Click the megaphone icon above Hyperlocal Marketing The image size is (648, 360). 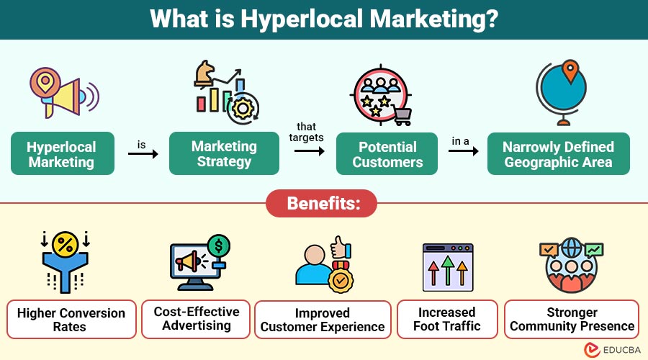(x=65, y=93)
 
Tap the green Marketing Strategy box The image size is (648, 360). (x=224, y=153)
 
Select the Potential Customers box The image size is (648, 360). (x=387, y=154)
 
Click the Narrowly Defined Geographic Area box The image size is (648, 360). (x=558, y=154)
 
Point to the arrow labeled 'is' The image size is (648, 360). (x=143, y=154)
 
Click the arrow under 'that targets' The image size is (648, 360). (x=310, y=151)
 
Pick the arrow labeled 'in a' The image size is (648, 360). (x=463, y=151)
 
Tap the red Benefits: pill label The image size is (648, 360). (x=322, y=203)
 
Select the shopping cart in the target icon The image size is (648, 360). (x=402, y=116)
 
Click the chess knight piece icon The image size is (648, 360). (x=204, y=73)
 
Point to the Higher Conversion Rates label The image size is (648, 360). (x=71, y=320)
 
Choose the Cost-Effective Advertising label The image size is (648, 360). (x=196, y=319)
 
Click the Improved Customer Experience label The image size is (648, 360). (x=323, y=320)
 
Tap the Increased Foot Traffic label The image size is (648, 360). (x=447, y=319)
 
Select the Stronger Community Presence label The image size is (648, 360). (x=572, y=319)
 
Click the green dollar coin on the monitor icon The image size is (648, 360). (x=219, y=246)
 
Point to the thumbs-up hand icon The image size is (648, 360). (x=341, y=247)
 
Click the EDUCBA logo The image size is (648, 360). (x=612, y=350)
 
